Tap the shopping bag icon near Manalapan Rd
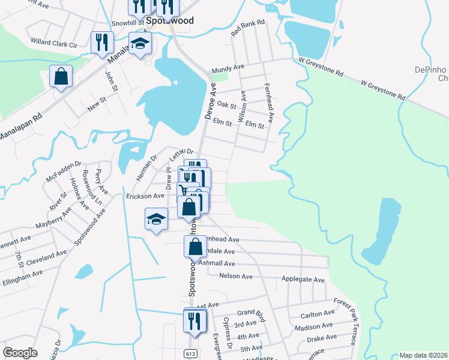tap(61, 77)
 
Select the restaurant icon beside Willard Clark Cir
tap(101, 43)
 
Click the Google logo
tap(20, 352)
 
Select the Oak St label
tap(226, 106)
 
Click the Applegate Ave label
tap(303, 280)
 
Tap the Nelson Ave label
tap(236, 276)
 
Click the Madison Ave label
tap(314, 326)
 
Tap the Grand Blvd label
tap(250, 313)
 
